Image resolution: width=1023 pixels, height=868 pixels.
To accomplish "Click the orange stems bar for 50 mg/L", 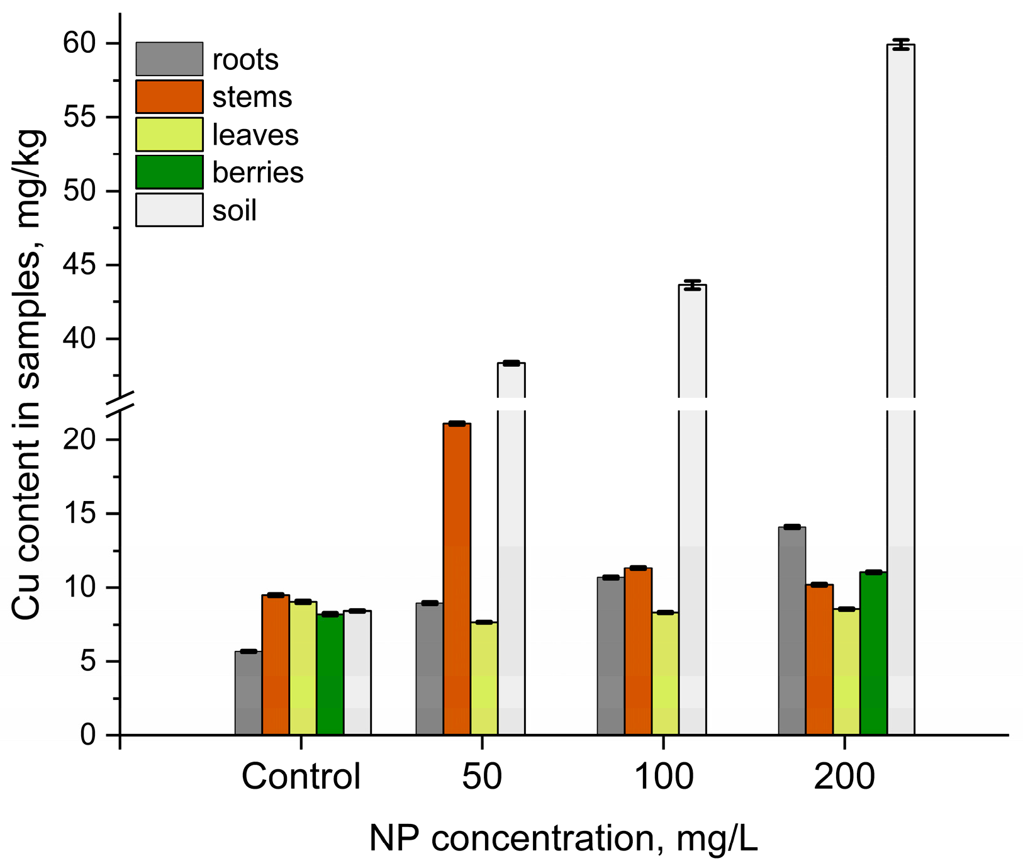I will click(457, 579).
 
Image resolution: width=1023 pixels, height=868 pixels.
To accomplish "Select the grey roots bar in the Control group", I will click(249, 693).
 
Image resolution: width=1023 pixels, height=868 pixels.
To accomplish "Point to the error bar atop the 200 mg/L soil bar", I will click(901, 44).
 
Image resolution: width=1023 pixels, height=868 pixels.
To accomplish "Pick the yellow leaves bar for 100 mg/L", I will click(665, 674).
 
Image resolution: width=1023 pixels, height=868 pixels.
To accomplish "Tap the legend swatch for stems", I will click(169, 96).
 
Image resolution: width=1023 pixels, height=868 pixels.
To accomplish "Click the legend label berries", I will click(258, 172).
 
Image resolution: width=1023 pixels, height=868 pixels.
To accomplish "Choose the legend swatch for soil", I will click(169, 210).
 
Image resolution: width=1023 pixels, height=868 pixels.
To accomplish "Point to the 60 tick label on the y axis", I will click(79, 43).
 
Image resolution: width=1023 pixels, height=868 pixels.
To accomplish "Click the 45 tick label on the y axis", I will click(79, 265).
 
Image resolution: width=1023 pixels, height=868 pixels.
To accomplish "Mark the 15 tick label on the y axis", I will click(81, 514).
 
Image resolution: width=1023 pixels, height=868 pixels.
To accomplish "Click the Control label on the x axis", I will click(301, 777).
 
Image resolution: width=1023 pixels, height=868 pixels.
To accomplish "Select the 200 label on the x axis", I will click(844, 777).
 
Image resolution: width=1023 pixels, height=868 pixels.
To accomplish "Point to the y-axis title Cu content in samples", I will click(28, 375).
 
